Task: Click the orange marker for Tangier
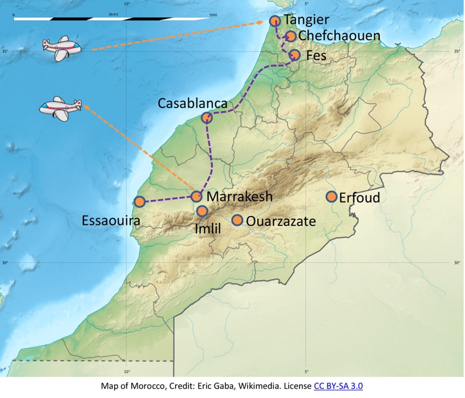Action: pyautogui.click(x=275, y=21)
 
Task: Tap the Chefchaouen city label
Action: pyautogui.click(x=339, y=36)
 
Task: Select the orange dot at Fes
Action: pyautogui.click(x=295, y=55)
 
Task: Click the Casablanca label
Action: pyautogui.click(x=192, y=103)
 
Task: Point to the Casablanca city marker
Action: pyautogui.click(x=207, y=118)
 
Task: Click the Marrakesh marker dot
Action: pyautogui.click(x=196, y=196)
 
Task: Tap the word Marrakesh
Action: pyautogui.click(x=239, y=196)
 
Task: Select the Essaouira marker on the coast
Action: pyautogui.click(x=140, y=202)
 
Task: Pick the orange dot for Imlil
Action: pyautogui.click(x=202, y=211)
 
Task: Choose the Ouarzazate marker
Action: pyautogui.click(x=237, y=220)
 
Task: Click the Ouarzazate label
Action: pyautogui.click(x=281, y=222)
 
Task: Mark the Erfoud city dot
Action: pyautogui.click(x=332, y=197)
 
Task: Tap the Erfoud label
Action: pyautogui.click(x=360, y=198)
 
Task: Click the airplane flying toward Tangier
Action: pyautogui.click(x=62, y=48)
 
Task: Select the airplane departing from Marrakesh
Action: pyautogui.click(x=60, y=108)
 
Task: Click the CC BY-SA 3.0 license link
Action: pyautogui.click(x=338, y=386)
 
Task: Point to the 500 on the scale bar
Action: pyautogui.click(x=213, y=15)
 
